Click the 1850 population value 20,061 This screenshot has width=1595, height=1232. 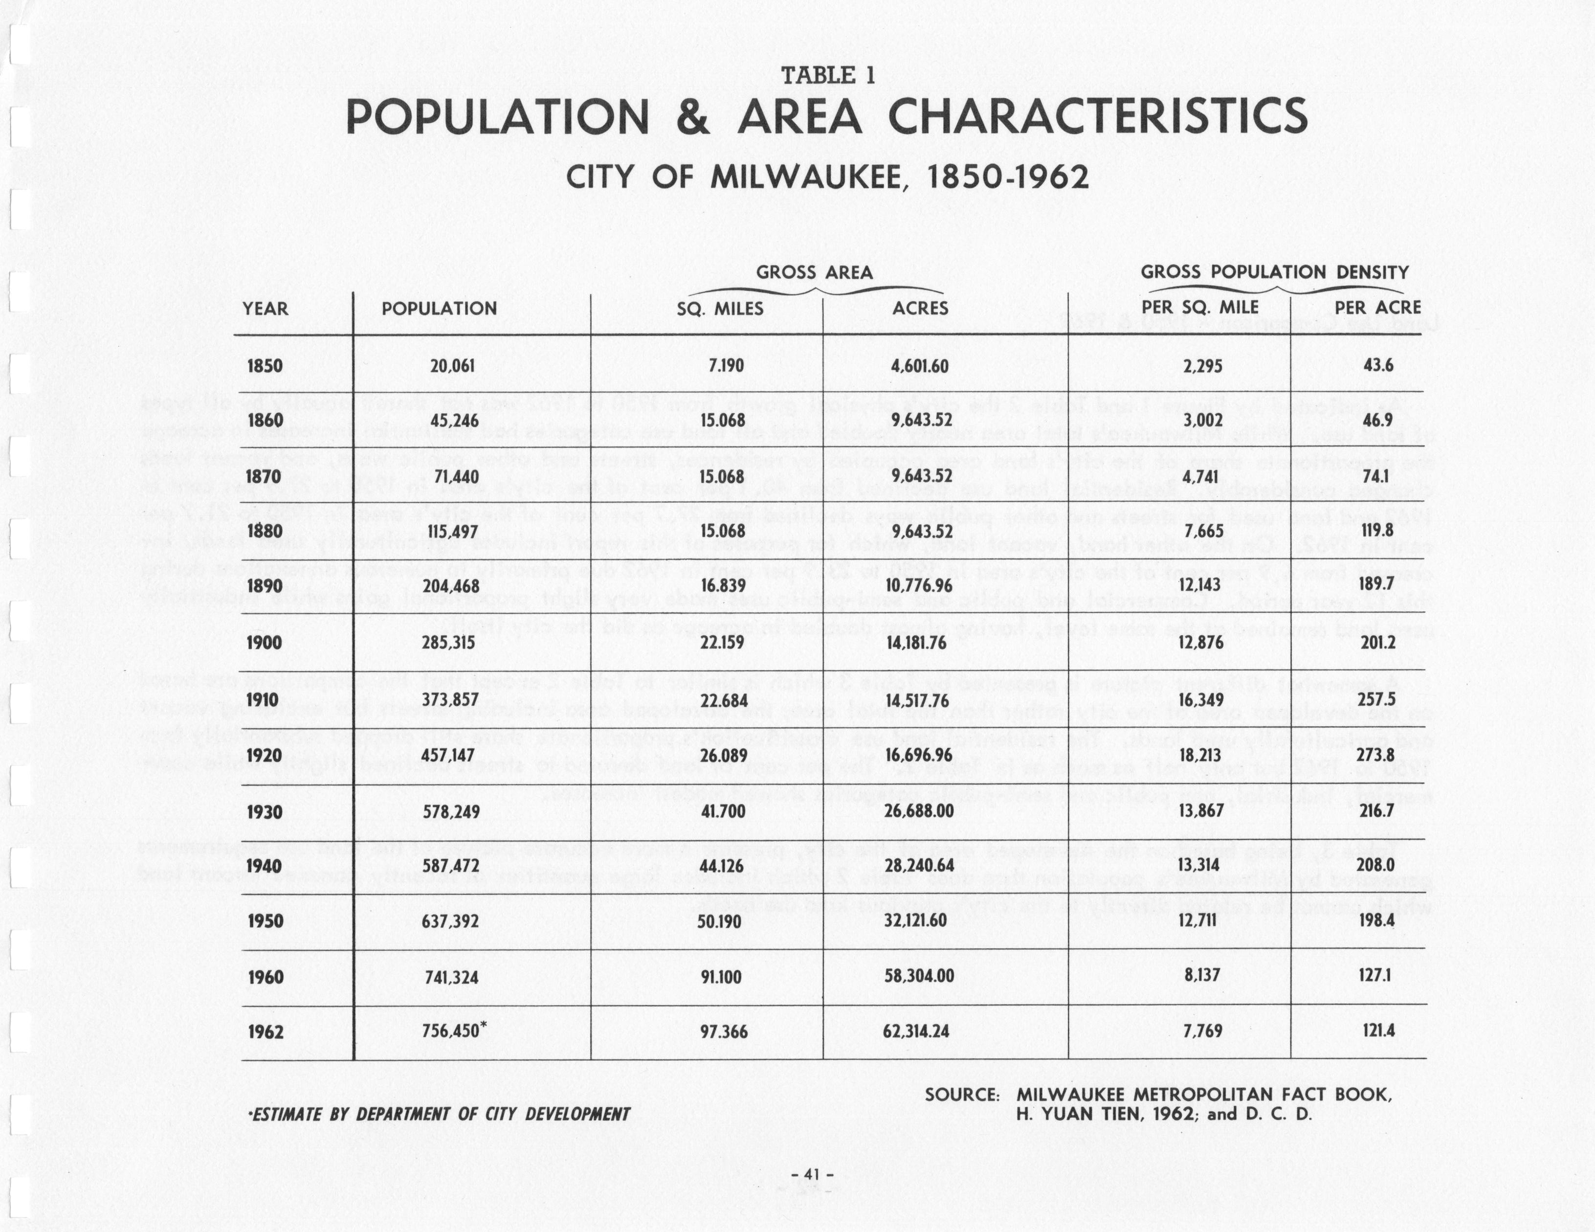452,366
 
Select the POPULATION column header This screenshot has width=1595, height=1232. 439,308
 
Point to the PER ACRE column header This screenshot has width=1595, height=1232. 1377,308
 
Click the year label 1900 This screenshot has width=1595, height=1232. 265,643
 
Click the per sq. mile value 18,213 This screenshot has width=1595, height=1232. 1200,755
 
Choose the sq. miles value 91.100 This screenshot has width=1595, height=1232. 720,976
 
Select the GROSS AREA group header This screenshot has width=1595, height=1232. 814,272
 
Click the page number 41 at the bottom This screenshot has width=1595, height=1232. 813,1174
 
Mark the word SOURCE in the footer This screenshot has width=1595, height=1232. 961,1095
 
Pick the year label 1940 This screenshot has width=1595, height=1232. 265,866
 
